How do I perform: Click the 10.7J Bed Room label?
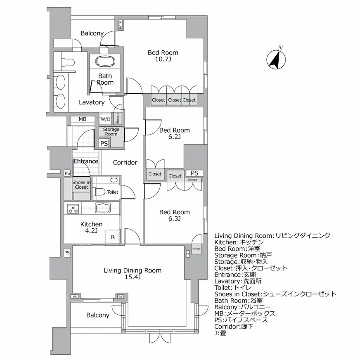(x=163, y=56)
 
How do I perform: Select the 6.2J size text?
(x=175, y=137)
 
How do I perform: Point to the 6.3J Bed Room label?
(x=175, y=215)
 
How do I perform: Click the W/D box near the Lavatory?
(x=105, y=120)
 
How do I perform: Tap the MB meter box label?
(x=83, y=119)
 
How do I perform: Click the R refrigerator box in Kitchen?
(x=112, y=237)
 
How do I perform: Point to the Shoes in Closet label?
(x=81, y=185)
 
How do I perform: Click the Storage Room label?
(x=111, y=132)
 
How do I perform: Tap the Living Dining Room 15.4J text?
(x=133, y=274)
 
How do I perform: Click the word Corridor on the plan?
(x=125, y=162)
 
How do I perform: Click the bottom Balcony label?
(x=98, y=315)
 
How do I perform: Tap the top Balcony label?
(x=92, y=33)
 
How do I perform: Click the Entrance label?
(x=86, y=161)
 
